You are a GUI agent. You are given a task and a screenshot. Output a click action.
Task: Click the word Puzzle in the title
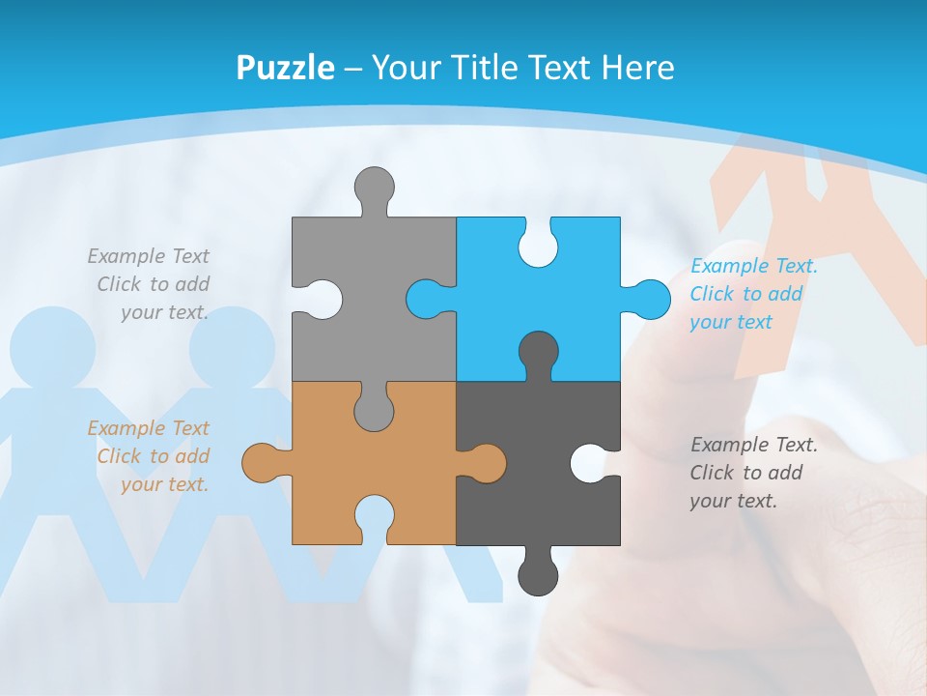[285, 68]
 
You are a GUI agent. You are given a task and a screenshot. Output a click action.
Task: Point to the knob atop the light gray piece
[374, 187]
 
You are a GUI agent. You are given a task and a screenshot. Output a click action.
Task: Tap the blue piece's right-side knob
[649, 299]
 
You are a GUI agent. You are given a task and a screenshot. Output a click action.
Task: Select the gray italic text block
[150, 284]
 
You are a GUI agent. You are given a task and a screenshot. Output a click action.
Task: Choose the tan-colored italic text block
[150, 456]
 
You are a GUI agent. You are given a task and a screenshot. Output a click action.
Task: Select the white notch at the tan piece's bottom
[374, 517]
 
